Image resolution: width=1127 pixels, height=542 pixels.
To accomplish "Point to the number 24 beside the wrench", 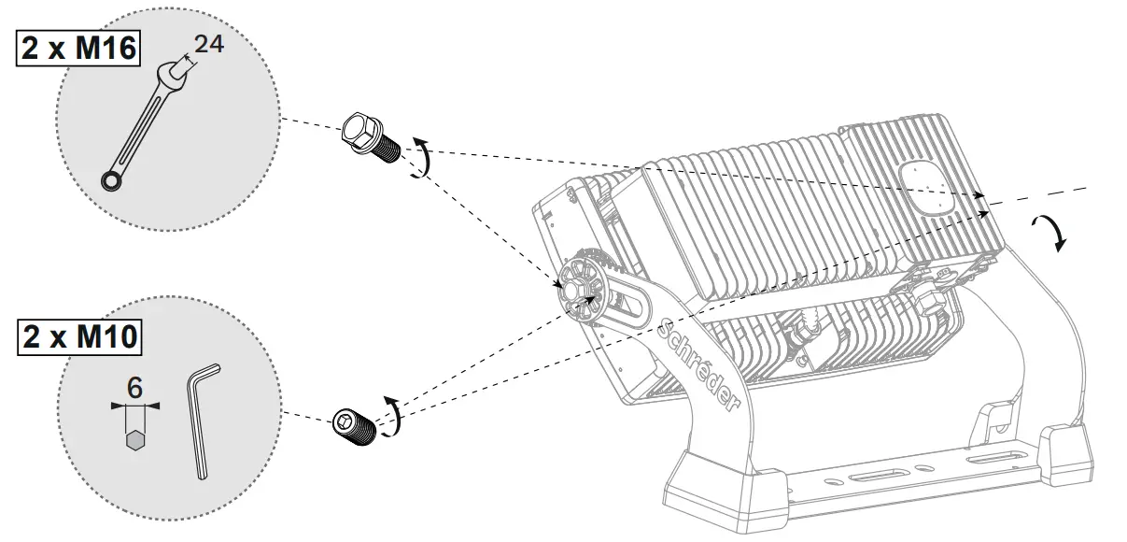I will click(209, 44).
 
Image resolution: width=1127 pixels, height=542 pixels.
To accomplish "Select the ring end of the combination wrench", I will click(112, 180).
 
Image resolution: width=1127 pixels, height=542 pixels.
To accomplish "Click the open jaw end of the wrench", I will click(176, 72).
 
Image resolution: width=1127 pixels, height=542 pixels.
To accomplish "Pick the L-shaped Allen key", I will click(203, 421).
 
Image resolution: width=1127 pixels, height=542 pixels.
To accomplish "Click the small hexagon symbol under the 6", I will click(135, 438).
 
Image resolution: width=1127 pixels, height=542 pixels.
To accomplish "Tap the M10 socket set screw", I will click(356, 425).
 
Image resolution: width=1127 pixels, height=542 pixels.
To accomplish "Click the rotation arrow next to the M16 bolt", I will click(422, 155).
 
